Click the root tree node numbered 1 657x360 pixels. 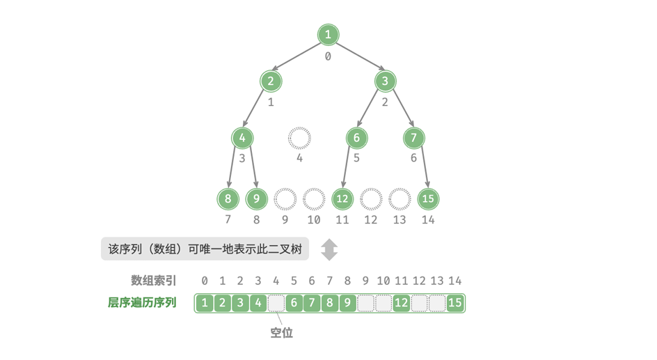[328, 35]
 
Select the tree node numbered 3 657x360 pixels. [385, 81]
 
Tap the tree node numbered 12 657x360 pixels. [342, 199]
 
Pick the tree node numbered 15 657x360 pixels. [428, 199]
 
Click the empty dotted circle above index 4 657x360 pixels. [299, 138]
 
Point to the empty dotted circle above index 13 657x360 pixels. [399, 199]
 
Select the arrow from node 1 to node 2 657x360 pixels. [299, 58]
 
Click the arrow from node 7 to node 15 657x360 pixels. [421, 168]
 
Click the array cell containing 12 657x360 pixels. [401, 303]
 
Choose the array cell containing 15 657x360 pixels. [455, 303]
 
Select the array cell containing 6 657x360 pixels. [294, 303]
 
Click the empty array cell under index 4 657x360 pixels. [276, 303]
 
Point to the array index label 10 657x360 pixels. [383, 281]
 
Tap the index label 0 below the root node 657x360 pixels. [328, 56]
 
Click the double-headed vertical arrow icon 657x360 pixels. [329, 249]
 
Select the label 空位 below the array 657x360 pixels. [282, 333]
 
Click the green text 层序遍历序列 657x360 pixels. [142, 303]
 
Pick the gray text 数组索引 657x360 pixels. [154, 281]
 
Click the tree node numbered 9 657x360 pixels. [257, 199]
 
